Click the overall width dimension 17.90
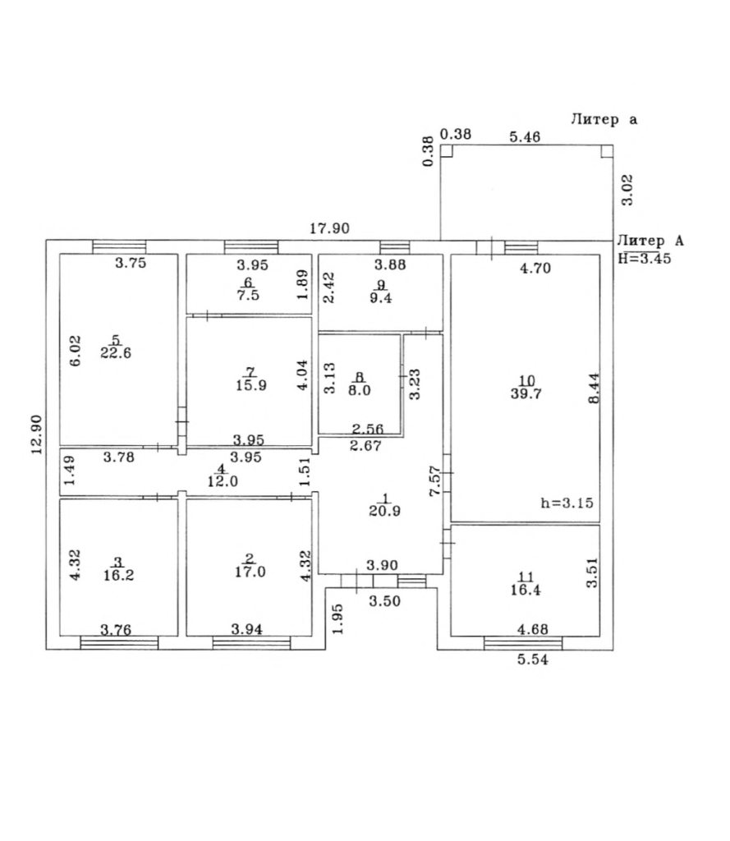329,228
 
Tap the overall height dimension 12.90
36,434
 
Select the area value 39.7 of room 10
526,393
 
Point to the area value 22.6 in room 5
116,353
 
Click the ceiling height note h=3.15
567,503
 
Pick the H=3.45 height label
644,258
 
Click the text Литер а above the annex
604,119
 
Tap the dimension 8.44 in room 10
594,388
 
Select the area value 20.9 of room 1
384,511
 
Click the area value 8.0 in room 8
360,390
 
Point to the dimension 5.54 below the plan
533,659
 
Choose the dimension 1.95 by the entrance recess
337,618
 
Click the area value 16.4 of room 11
526,590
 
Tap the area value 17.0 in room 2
250,572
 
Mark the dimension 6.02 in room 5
76,351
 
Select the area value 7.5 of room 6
248,295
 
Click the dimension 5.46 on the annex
525,137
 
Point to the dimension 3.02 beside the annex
627,190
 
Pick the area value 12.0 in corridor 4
223,481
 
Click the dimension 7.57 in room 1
435,481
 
